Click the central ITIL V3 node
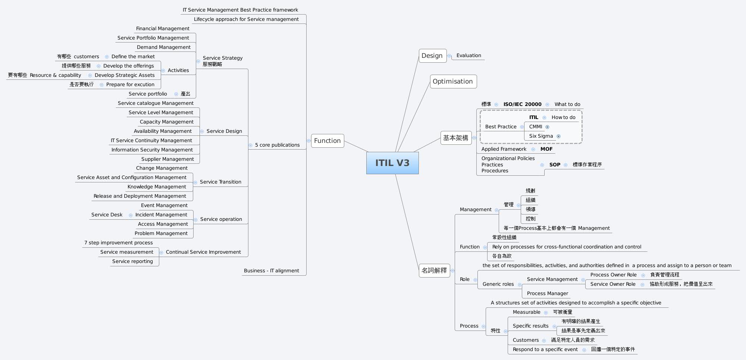392,163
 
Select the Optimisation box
453,81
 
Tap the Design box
432,56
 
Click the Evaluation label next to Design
468,55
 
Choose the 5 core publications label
277,145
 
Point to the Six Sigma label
541,136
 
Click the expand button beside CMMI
548,127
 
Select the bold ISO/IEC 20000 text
522,104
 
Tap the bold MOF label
546,149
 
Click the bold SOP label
555,165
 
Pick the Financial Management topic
163,28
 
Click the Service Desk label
107,215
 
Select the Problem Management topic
161,233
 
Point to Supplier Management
167,159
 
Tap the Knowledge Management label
157,187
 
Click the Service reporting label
132,261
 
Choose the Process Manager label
548,293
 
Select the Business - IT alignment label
271,270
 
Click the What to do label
567,104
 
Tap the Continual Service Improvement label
203,252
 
